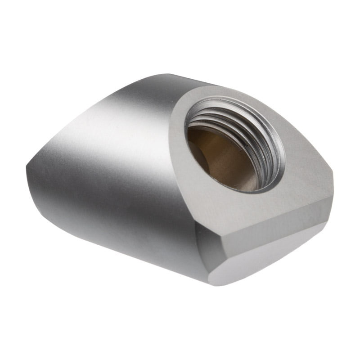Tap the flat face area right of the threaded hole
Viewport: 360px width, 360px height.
(306, 166)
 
